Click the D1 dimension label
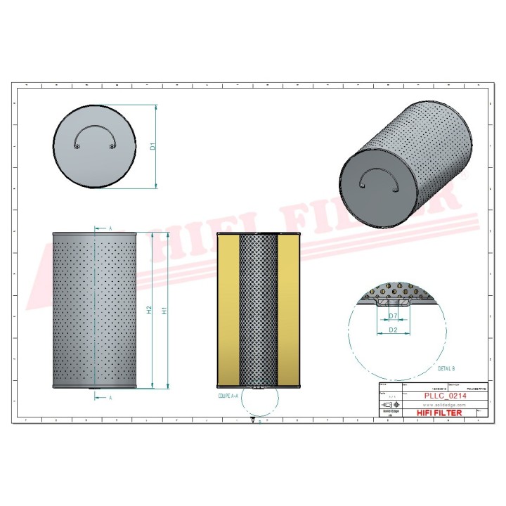point(152,147)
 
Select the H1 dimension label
point(164,310)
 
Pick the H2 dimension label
point(149,310)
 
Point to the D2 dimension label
point(394,329)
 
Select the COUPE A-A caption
point(228,396)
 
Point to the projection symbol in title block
point(389,406)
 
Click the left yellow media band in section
point(228,310)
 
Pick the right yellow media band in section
point(289,310)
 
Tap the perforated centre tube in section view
point(259,310)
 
